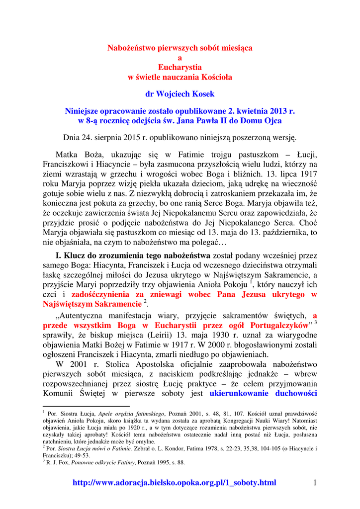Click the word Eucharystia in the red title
coord(180,67)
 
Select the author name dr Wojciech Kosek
coord(180,93)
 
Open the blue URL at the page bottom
coord(174,483)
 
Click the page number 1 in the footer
coord(315,482)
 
